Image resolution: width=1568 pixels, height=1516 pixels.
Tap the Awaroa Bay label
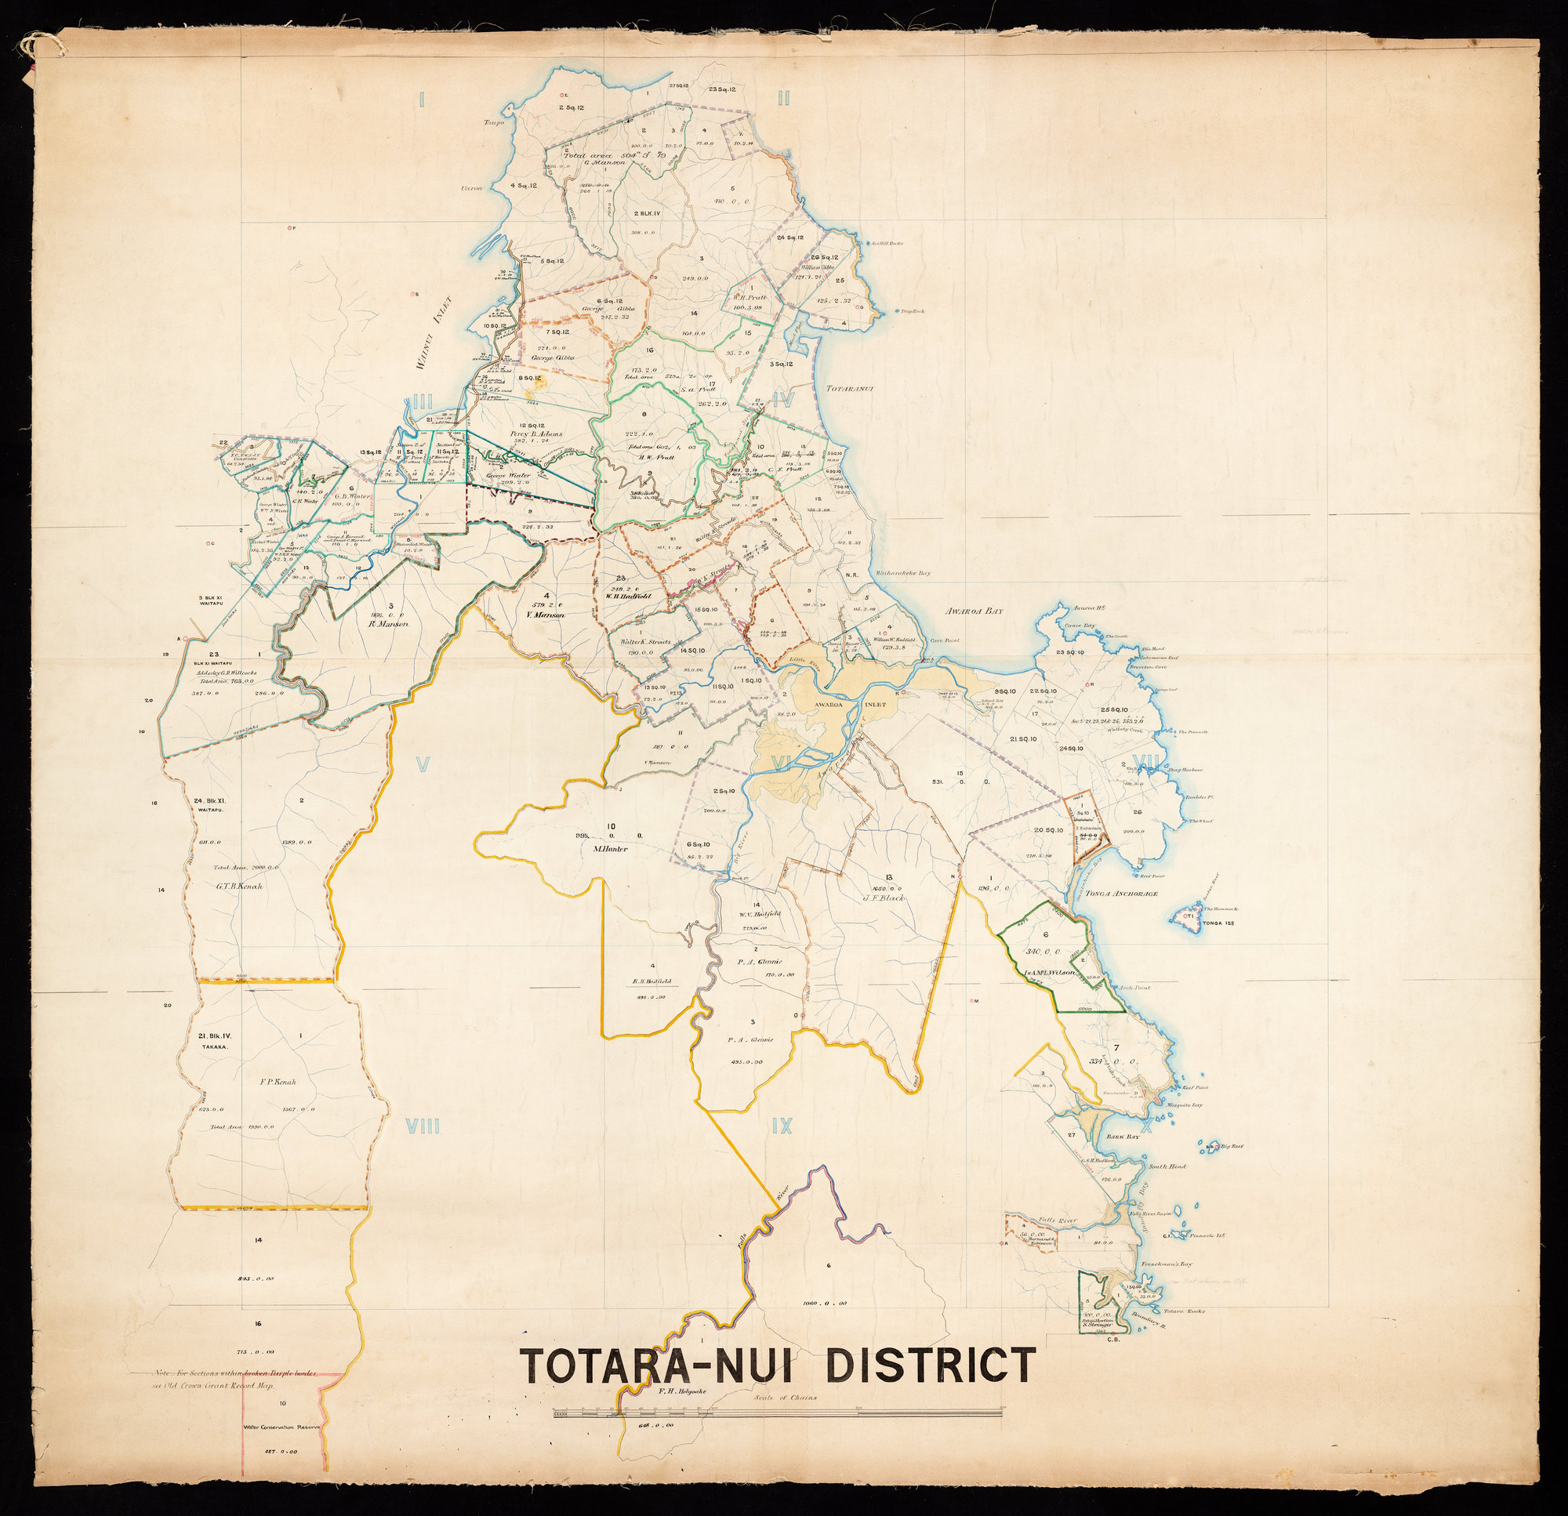coord(974,610)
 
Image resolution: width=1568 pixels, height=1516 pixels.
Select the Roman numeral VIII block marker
coord(423,1127)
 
